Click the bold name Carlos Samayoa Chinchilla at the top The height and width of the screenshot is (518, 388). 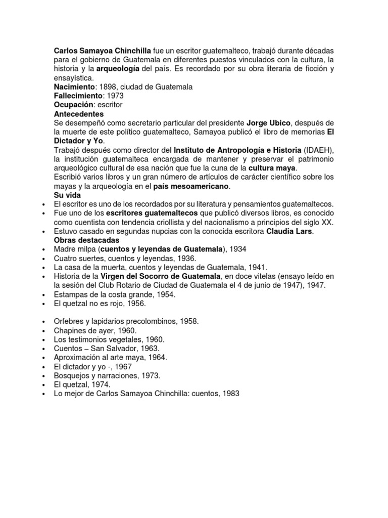[x=103, y=51]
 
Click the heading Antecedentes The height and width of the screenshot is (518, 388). [x=79, y=114]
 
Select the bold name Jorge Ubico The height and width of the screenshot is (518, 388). [x=268, y=123]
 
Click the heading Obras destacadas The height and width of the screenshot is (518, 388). [x=86, y=240]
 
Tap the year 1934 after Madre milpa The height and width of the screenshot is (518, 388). [x=238, y=249]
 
